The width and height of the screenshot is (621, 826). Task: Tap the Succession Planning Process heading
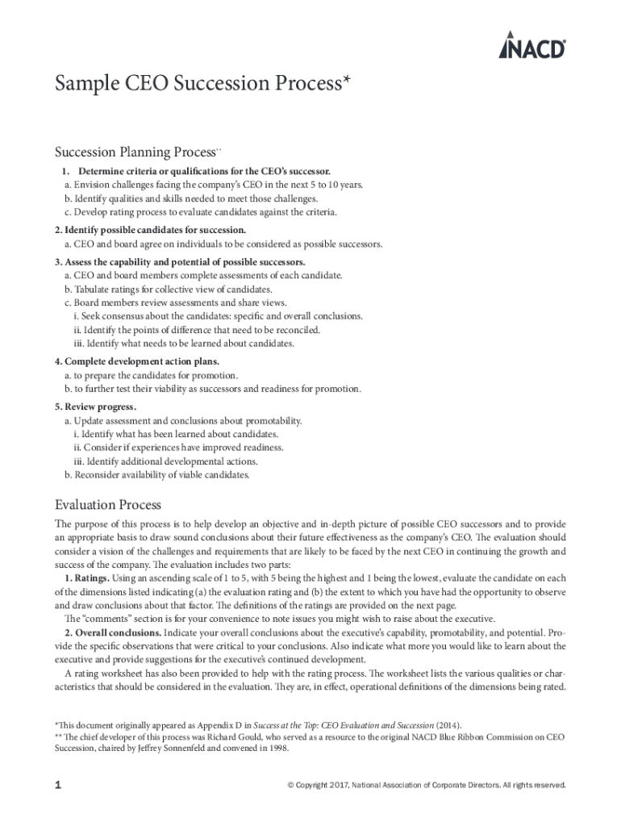134,152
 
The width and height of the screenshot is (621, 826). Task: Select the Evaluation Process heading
108,505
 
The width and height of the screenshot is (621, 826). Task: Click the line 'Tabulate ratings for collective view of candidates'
173,289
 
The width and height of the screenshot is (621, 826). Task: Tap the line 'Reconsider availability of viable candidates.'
161,474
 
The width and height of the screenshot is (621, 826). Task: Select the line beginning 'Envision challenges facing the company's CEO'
213,185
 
